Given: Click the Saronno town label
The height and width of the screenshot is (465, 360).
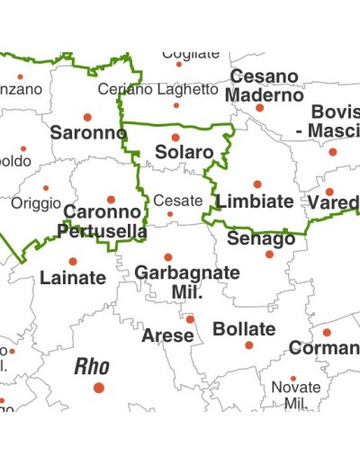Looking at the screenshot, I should click(88, 132).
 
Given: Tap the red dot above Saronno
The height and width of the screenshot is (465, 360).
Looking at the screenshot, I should click(87, 117).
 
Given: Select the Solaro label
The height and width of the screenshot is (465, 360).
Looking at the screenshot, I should click(184, 153).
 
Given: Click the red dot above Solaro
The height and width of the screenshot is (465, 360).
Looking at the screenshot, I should click(176, 138).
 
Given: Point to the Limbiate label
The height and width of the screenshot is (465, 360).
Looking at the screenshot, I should click(255, 201).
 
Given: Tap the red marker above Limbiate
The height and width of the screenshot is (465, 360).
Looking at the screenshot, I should click(257, 184).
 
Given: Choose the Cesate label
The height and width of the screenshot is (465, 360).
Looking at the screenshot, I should click(178, 201).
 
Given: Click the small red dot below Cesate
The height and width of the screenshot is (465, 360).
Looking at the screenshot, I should click(170, 214).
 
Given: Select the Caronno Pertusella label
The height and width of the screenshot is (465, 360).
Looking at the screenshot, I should click(103, 222).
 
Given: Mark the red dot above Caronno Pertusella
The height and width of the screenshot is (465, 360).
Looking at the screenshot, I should click(111, 200).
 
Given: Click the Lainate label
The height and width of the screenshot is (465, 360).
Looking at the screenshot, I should click(73, 278).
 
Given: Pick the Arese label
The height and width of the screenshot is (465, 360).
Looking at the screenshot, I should click(167, 335).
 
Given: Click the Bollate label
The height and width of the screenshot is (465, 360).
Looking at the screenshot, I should click(244, 329).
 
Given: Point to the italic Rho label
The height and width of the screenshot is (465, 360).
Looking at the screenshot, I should click(92, 366).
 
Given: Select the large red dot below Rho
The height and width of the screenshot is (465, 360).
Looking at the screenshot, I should click(99, 388).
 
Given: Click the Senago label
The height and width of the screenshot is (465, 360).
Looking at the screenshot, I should click(261, 239).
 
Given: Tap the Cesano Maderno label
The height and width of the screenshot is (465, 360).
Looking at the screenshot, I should click(265, 86).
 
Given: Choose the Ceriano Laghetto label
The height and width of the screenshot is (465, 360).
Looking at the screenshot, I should click(157, 90).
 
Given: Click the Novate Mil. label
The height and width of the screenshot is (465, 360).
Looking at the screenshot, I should click(296, 395).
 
